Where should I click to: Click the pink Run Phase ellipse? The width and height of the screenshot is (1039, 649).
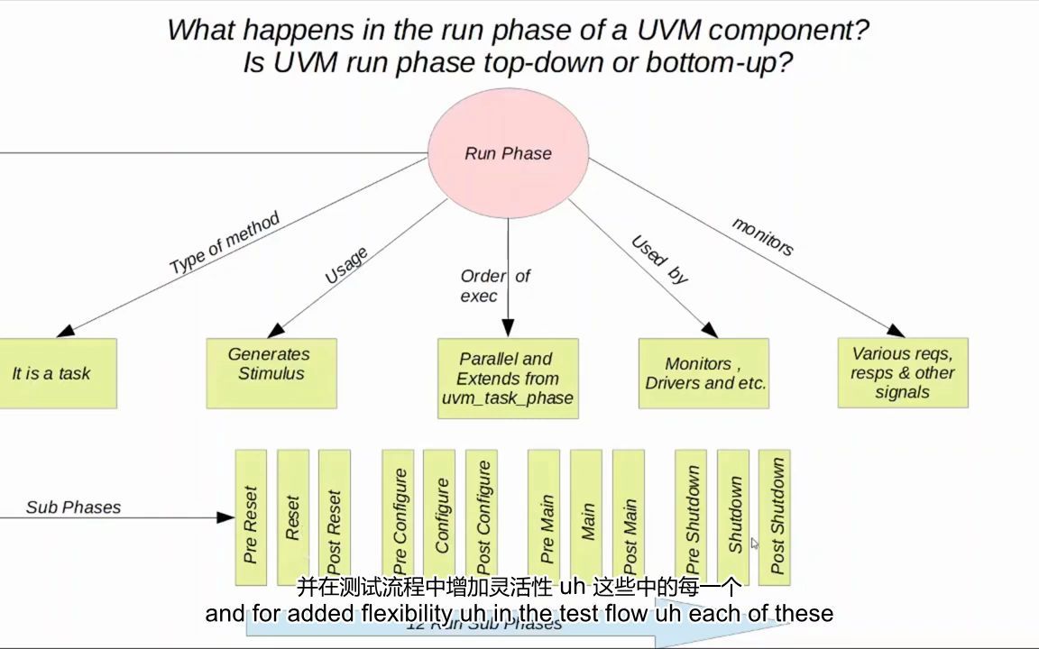pos(508,153)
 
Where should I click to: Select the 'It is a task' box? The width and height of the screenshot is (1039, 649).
pos(54,373)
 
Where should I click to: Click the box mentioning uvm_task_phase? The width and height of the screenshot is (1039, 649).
pos(508,379)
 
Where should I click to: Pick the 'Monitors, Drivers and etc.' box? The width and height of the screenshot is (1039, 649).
pos(704,373)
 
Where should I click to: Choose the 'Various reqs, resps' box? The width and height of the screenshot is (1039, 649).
pos(902,373)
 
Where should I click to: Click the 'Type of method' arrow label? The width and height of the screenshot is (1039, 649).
pos(225,242)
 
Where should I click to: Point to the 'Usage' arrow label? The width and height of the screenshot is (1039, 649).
pos(346,266)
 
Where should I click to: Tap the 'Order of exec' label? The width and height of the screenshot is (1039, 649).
pos(494,286)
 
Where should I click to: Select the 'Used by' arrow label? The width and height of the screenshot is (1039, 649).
pos(659,260)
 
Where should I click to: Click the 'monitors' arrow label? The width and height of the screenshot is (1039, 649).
pos(763,236)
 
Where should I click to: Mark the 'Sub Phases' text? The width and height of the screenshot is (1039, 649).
pos(73,507)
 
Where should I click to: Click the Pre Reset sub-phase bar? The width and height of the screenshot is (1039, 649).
pos(251,518)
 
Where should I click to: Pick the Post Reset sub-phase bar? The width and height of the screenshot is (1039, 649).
pos(334,518)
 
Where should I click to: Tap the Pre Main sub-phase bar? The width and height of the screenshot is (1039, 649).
pos(544,518)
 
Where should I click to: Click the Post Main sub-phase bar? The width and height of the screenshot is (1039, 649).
pos(629,518)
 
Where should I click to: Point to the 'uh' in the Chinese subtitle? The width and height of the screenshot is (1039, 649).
pos(573,588)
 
